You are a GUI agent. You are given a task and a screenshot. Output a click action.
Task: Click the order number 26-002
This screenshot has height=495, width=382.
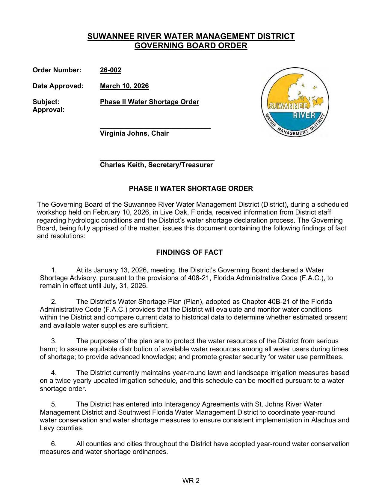111,70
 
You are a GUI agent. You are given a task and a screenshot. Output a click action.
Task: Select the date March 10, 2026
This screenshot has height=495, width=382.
124,86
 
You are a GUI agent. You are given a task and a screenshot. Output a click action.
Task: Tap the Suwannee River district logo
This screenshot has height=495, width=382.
295,102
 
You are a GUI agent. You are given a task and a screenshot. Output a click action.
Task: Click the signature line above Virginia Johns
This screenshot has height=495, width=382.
155,128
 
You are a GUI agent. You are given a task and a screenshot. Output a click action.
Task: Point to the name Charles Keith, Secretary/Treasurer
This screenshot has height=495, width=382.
156,165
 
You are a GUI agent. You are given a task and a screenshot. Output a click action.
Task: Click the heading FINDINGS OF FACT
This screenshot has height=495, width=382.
189,252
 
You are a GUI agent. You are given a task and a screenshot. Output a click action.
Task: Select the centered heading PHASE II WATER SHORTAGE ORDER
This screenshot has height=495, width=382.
191,189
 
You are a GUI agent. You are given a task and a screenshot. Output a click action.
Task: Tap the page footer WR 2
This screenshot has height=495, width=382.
191,481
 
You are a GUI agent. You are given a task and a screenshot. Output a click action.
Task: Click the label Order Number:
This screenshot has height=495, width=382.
57,70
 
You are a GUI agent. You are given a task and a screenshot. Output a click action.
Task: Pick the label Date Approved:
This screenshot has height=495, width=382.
58,86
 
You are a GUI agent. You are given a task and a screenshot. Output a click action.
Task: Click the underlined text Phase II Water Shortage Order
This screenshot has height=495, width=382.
149,102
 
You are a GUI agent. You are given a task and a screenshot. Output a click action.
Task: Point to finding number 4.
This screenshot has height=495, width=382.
54,373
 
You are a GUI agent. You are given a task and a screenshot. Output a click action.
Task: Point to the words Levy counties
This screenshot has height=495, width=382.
61,428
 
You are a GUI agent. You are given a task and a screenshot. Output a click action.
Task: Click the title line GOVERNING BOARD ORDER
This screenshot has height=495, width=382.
191,46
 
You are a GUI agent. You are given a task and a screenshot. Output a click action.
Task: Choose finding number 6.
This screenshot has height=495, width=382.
54,444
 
